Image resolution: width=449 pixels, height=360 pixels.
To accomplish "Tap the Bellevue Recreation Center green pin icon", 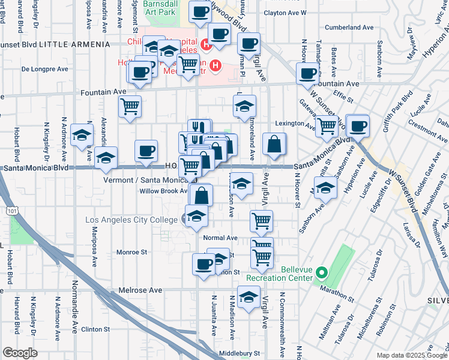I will [x=321, y=274].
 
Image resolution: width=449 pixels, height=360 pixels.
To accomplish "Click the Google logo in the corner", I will [x=20, y=353].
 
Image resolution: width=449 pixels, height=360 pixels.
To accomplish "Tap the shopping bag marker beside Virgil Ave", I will [x=274, y=145].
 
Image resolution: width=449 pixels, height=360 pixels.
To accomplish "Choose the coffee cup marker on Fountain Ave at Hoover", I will [x=308, y=74].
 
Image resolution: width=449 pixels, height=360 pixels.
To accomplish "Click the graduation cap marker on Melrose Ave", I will [x=249, y=298].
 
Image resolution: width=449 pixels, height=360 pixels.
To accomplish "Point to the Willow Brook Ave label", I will [x=164, y=191].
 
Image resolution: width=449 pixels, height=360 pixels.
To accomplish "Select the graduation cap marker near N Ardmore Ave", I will [x=82, y=136].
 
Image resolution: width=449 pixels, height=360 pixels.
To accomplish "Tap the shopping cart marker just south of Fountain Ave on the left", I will [x=130, y=107].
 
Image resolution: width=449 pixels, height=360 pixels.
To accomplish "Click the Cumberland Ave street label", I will [x=349, y=28].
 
